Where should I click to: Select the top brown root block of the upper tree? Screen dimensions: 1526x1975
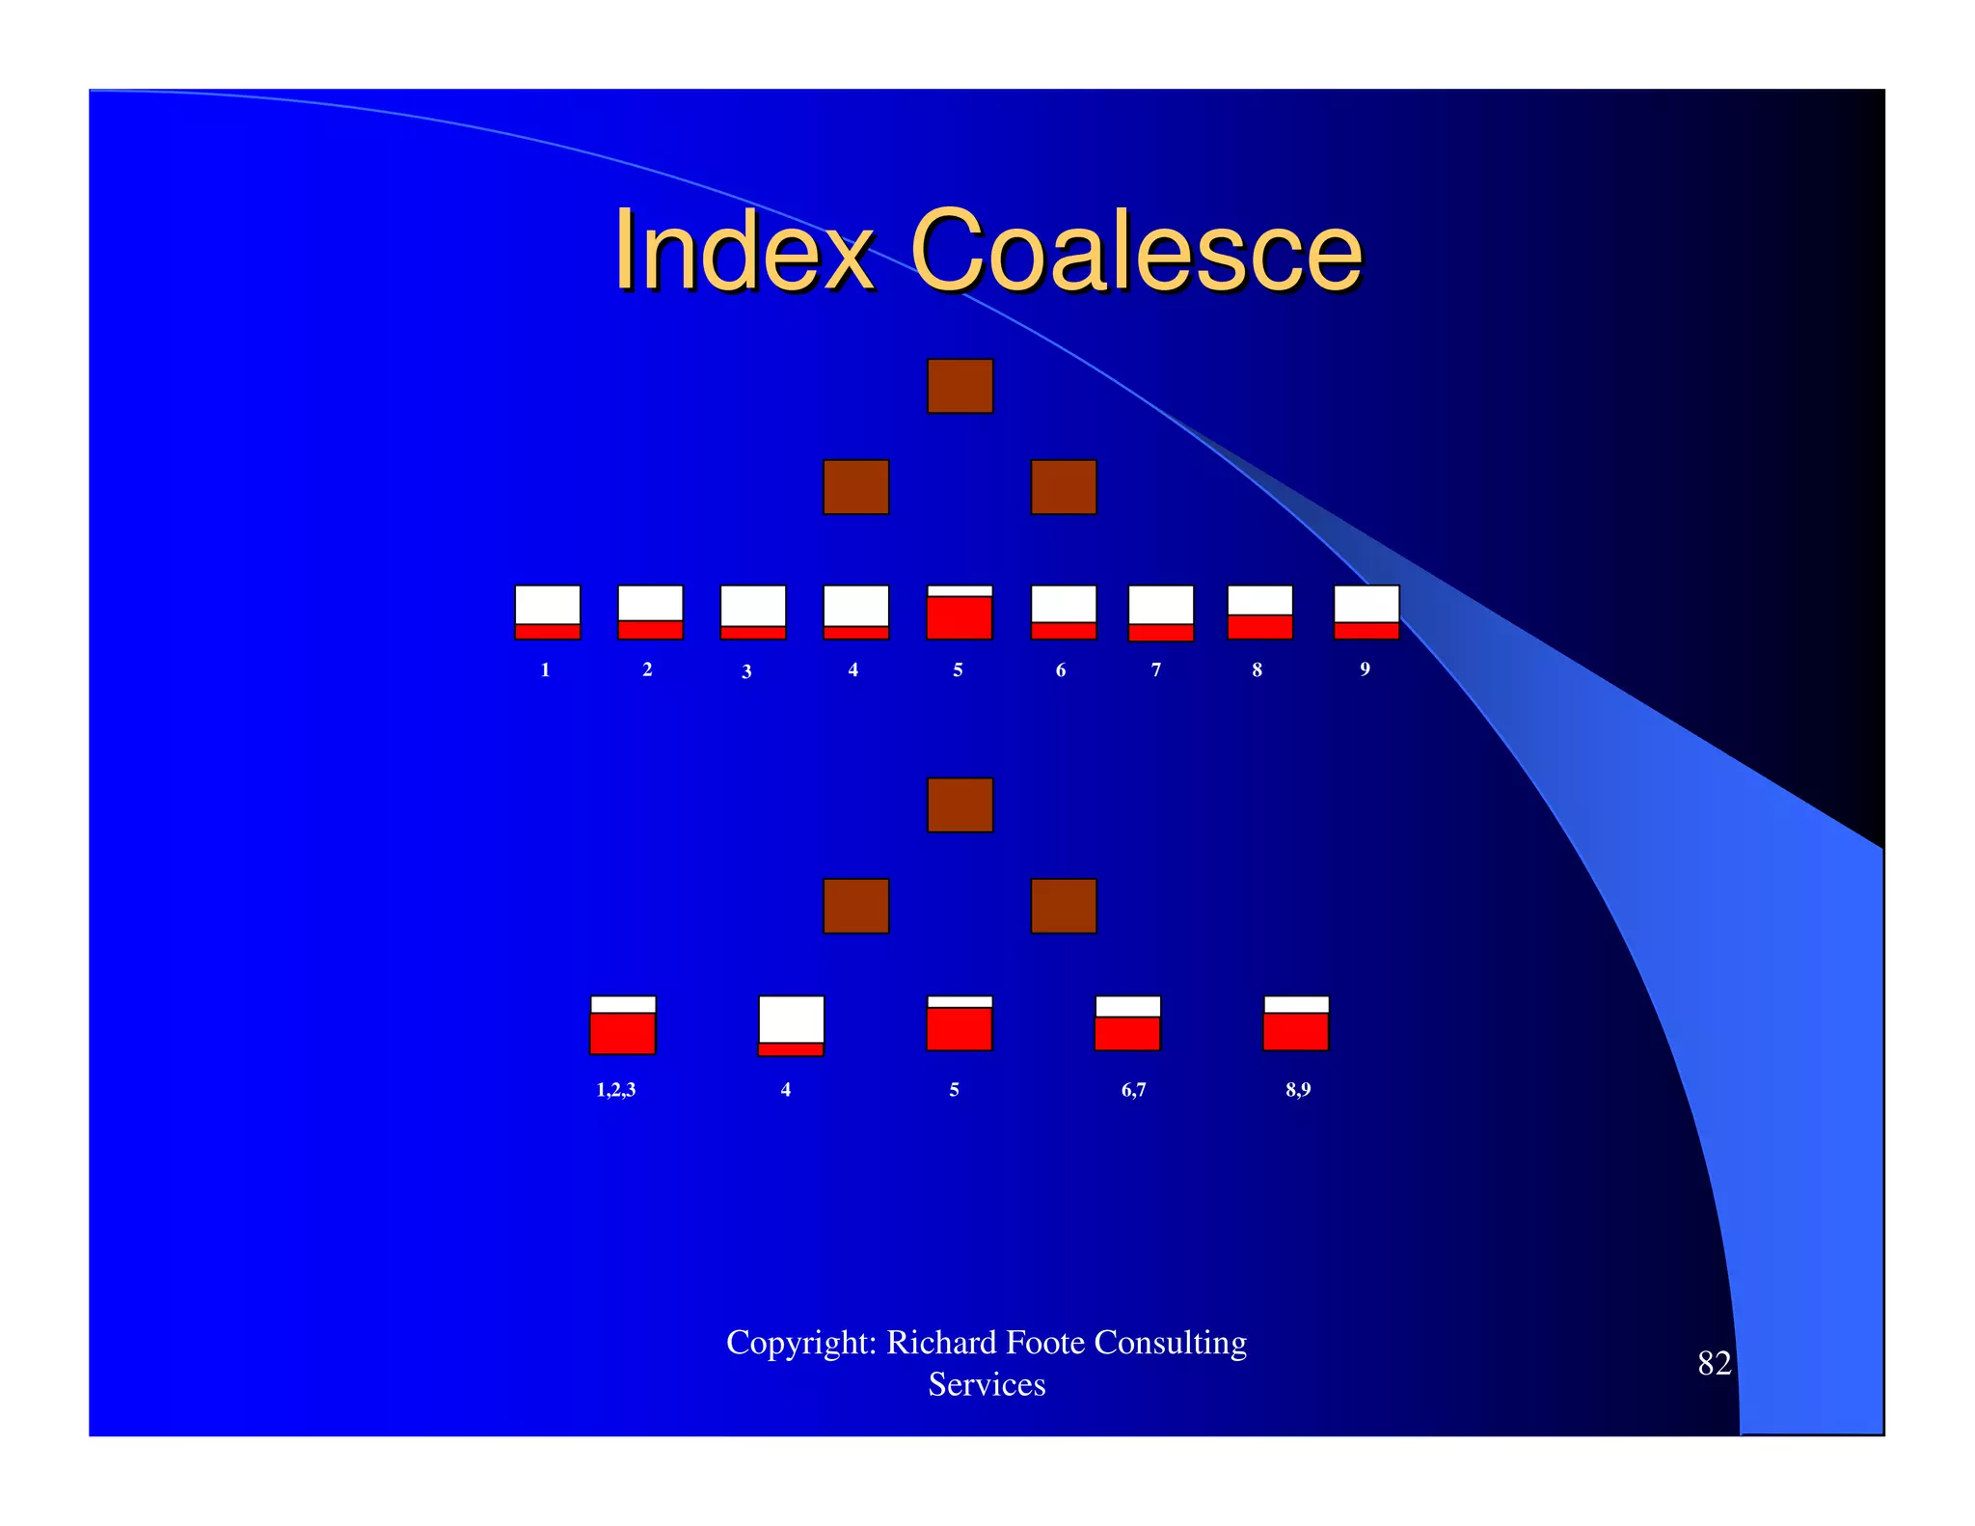pyautogui.click(x=960, y=386)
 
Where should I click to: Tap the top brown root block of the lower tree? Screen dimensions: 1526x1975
pyautogui.click(x=960, y=804)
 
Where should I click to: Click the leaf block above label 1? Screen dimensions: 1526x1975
pyautogui.click(x=548, y=612)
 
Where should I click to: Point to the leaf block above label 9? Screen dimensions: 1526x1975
pyautogui.click(x=1366, y=612)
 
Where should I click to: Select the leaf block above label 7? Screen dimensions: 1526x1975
pyautogui.click(x=1161, y=613)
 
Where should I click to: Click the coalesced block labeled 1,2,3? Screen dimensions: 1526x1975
pyautogui.click(x=623, y=1024)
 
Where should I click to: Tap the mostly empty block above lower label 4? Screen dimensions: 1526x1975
pyautogui.click(x=791, y=1025)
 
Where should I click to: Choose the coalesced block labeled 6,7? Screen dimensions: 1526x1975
pyautogui.click(x=1127, y=1023)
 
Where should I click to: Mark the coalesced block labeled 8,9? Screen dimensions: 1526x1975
pyautogui.click(x=1296, y=1023)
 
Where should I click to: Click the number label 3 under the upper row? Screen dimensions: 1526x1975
pyautogui.click(x=746, y=671)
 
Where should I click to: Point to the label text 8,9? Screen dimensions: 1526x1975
pyautogui.click(x=1298, y=1090)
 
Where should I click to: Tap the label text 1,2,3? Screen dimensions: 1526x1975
pyautogui.click(x=616, y=1090)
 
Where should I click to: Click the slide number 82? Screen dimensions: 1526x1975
pyautogui.click(x=1714, y=1363)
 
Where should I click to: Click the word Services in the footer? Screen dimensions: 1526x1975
pyautogui.click(x=987, y=1384)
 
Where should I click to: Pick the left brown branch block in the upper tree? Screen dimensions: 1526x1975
pyautogui.click(x=855, y=487)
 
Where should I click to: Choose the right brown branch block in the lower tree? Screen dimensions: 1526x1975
pyautogui.click(x=1064, y=906)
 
